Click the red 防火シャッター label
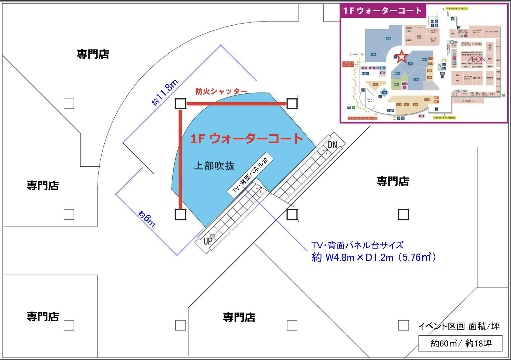pos(221,91)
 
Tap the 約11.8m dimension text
pos(165,92)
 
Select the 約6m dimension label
pos(147,219)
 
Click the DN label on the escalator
pos(332,145)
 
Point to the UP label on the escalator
pos(207,241)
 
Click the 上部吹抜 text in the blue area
pos(214,166)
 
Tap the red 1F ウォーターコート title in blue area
pos(247,138)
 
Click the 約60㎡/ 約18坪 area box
pos(460,344)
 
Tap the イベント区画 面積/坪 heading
pos(459,326)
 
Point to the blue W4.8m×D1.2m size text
pos(373,258)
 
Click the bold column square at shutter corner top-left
pos(180,104)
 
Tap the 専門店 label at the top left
pos(93,54)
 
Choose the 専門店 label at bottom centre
pos(239,317)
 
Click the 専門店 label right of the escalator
pos(393,181)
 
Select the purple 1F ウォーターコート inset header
pos(382,11)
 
